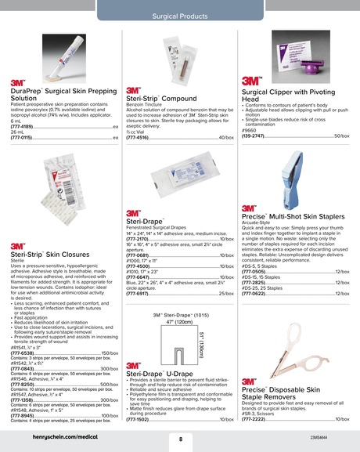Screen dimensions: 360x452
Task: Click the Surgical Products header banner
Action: (179, 14)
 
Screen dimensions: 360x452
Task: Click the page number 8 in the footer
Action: (180, 439)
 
